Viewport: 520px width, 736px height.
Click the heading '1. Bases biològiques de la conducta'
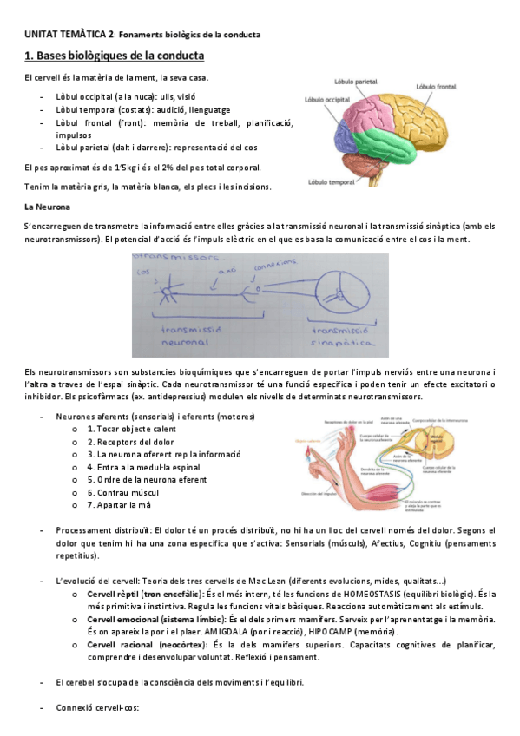[114, 56]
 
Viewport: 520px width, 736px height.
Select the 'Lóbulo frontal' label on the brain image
[437, 87]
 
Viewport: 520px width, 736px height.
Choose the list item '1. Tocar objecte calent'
[129, 429]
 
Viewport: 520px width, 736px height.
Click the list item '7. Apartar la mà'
[117, 504]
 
